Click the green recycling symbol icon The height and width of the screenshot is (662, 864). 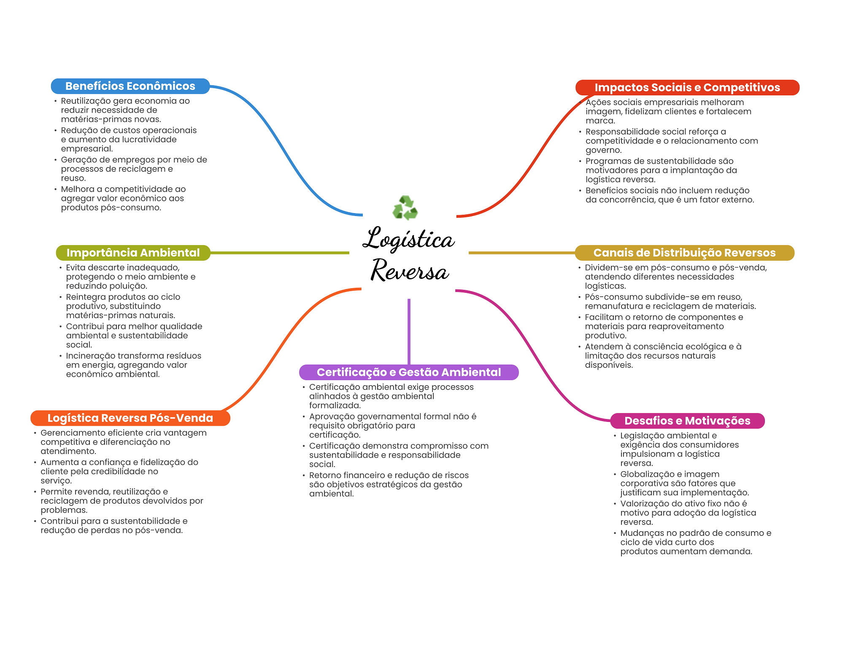405,208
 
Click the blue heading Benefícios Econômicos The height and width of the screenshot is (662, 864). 130,86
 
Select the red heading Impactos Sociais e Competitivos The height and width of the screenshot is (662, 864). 687,87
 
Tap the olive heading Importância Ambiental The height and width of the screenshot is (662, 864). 133,253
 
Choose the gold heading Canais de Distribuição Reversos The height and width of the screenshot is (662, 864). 684,253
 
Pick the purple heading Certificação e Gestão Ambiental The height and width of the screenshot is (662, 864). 408,372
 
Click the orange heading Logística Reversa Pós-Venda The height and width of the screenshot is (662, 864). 130,418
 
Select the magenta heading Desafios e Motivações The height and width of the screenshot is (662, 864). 687,421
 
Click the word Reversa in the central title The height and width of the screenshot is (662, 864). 409,270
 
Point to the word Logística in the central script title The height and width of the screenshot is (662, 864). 408,239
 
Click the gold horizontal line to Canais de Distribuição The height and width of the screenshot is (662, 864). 521,253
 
